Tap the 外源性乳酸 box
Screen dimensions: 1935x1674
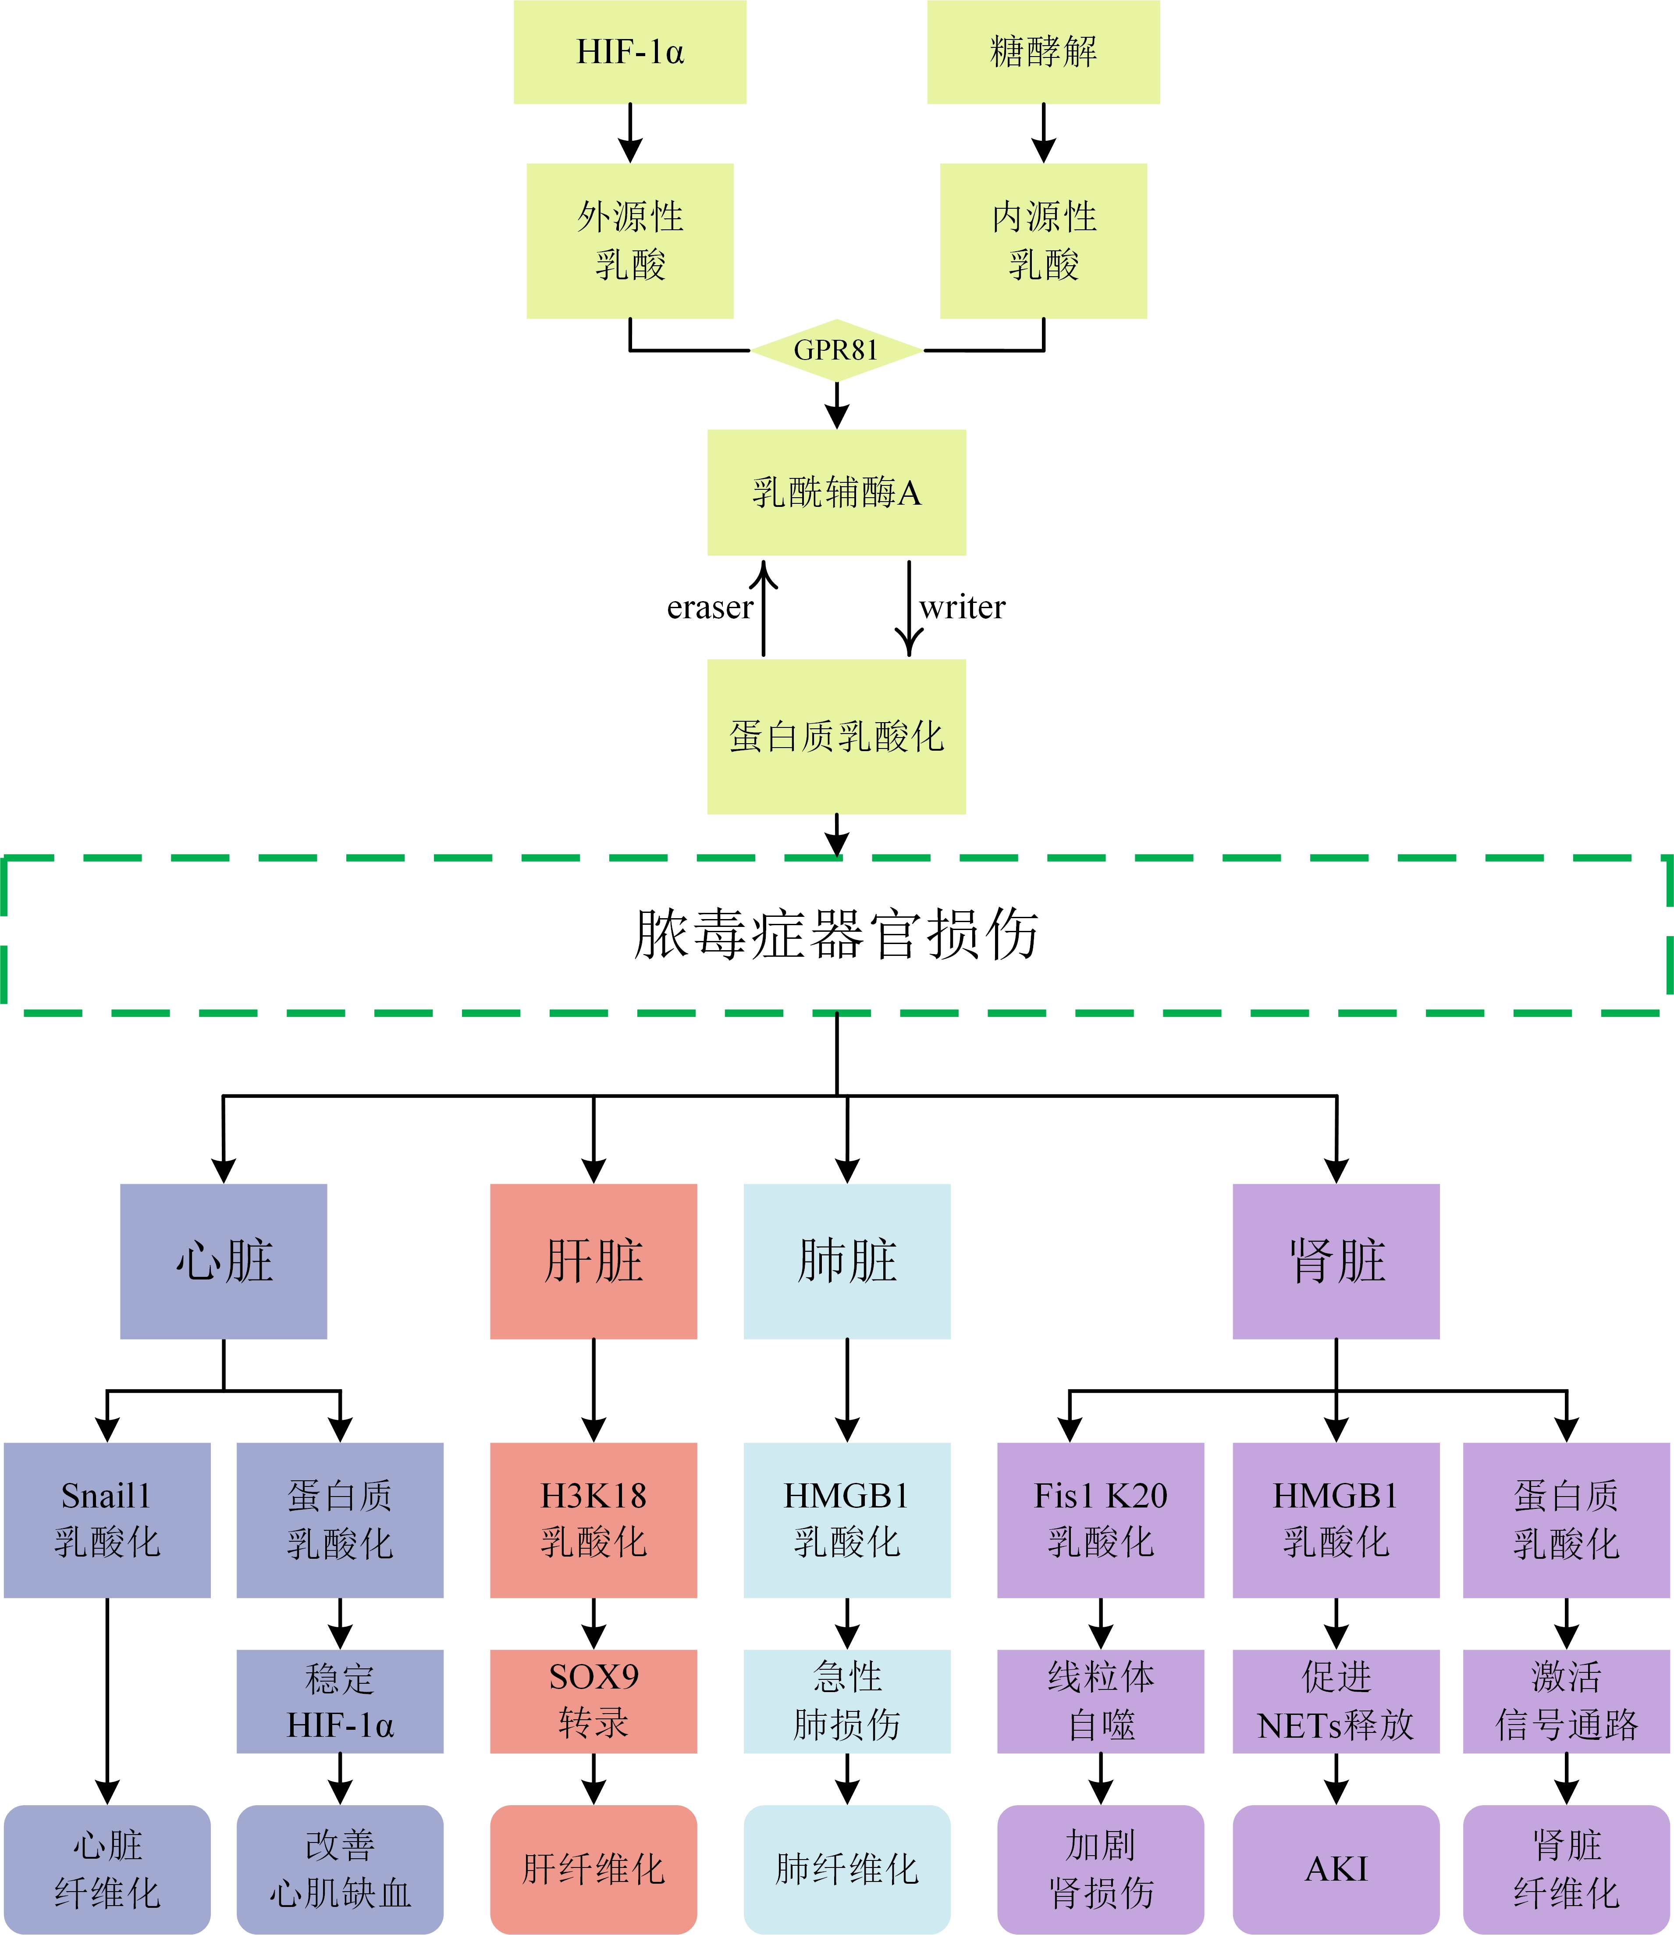pos(629,241)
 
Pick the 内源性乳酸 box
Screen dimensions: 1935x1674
pos(1042,241)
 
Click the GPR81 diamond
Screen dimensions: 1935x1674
pos(836,350)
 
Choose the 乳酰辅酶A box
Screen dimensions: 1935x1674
pos(836,492)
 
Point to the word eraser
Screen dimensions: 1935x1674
pos(709,607)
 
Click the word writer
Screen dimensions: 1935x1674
pos(962,607)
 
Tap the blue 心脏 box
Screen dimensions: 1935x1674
pos(223,1261)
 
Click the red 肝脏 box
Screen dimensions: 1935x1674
pos(593,1261)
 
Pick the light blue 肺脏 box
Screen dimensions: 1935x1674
pos(846,1261)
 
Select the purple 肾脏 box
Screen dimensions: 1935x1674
pos(1336,1261)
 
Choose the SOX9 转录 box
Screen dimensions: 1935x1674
pos(593,1700)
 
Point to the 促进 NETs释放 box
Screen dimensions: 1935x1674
pos(1336,1700)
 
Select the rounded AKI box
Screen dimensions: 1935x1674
pos(1336,1869)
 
